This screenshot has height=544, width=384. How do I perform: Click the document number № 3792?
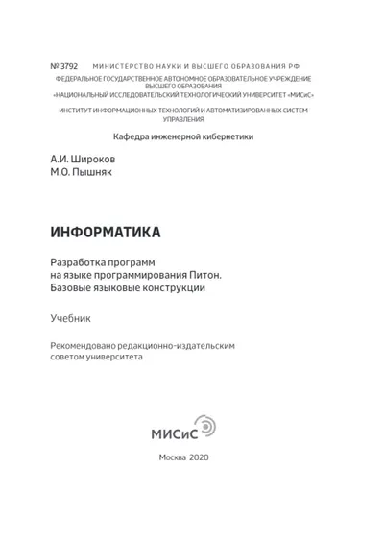(x=64, y=66)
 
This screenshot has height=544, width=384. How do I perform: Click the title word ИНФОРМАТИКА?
(x=106, y=232)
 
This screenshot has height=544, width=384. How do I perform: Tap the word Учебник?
(x=69, y=316)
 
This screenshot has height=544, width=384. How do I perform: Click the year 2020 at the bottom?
(x=206, y=457)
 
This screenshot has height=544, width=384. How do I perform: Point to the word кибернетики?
(x=227, y=136)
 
